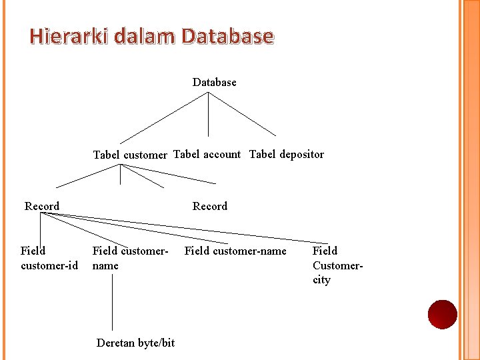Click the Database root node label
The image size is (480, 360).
click(x=214, y=83)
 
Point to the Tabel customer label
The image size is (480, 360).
click(x=130, y=155)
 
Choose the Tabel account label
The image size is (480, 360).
click(x=207, y=155)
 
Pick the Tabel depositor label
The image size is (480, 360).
click(x=287, y=155)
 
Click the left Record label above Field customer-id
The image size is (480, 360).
click(x=42, y=207)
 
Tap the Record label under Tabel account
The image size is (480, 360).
click(x=210, y=207)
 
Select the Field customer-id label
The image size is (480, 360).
click(x=49, y=259)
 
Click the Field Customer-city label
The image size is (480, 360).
click(x=337, y=265)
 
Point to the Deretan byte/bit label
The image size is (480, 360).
click(x=135, y=343)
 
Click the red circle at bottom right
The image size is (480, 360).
click(x=442, y=315)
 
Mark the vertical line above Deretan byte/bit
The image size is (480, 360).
click(x=112, y=303)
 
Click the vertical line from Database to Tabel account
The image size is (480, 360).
click(x=208, y=115)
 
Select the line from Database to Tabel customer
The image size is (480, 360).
click(x=163, y=118)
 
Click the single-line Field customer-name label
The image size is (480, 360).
click(x=235, y=251)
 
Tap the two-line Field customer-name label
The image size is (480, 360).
click(x=130, y=259)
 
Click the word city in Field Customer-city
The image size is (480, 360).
click(x=321, y=280)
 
